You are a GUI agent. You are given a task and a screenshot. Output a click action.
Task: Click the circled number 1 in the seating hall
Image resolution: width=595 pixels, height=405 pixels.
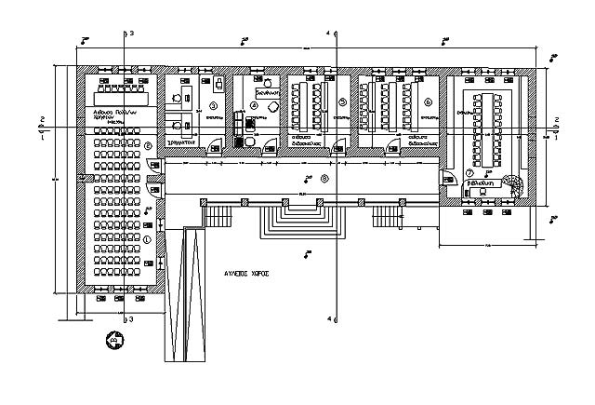point(147,238)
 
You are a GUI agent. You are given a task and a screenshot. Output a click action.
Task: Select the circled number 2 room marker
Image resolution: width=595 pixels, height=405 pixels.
point(148,145)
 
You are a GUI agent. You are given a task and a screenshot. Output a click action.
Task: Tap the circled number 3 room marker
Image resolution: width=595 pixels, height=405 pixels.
point(213,105)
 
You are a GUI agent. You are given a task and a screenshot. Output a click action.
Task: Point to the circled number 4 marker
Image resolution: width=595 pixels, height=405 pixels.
point(254,105)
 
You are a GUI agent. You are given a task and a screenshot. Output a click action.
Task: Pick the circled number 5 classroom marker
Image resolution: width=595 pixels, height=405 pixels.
point(341,101)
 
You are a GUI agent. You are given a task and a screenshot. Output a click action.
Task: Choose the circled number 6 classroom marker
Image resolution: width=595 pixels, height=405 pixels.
point(428,101)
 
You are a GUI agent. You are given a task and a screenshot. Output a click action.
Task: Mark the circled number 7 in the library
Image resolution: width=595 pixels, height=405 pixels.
point(470,173)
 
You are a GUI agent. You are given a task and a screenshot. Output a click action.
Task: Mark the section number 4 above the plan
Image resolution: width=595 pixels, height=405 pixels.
point(327,34)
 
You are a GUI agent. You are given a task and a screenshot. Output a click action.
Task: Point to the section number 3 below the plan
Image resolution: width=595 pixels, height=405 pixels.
point(131,319)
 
